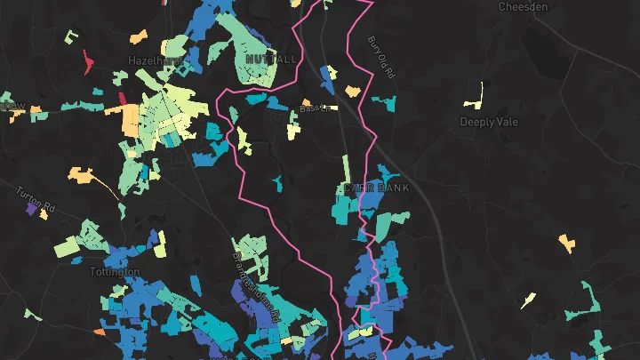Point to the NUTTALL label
[x=271, y=59]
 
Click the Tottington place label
[x=115, y=271]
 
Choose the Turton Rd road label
[x=36, y=201]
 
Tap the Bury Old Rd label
[x=380, y=57]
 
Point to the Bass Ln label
[x=315, y=108]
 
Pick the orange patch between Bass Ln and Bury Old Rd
[x=353, y=90]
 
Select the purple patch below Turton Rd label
[x=33, y=211]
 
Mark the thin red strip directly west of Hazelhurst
[x=89, y=61]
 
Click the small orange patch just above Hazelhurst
[x=138, y=37]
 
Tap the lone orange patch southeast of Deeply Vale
[x=565, y=242]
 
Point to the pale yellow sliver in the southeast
[x=528, y=300]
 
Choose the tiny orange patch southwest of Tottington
[x=98, y=332]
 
